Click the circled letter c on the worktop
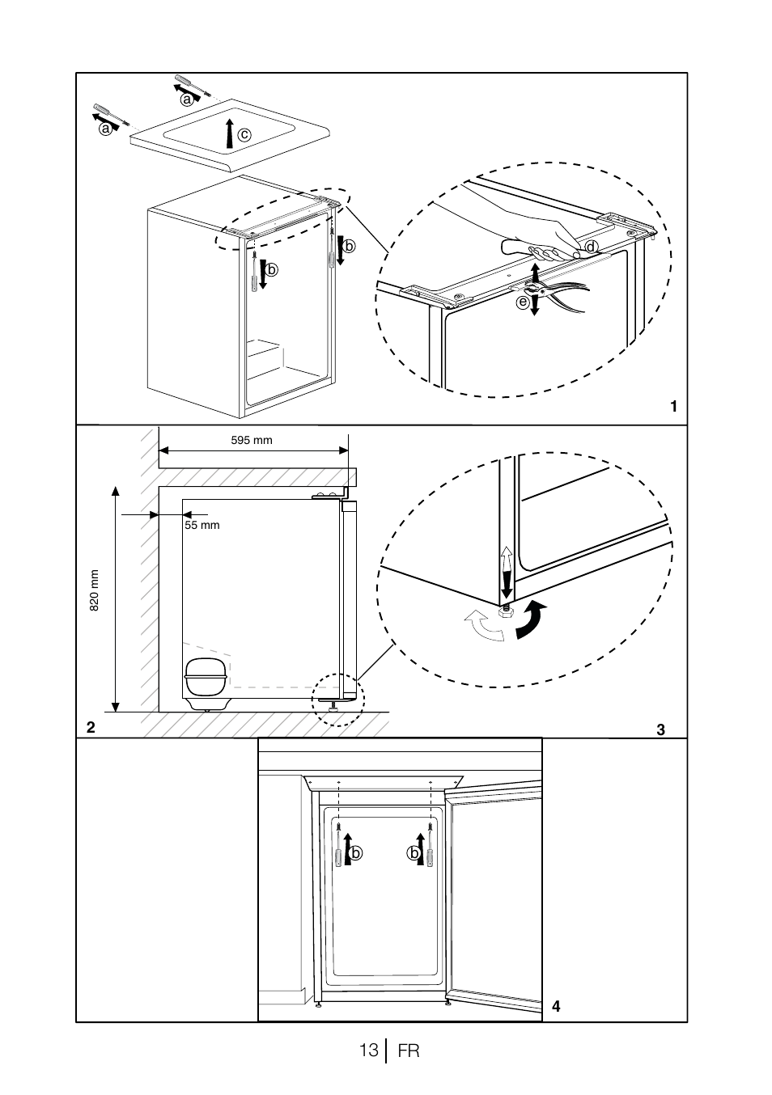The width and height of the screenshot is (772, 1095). (x=244, y=134)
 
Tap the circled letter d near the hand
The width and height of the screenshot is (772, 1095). (x=592, y=247)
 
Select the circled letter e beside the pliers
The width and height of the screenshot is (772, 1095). (x=524, y=302)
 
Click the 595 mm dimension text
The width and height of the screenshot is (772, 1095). (x=252, y=440)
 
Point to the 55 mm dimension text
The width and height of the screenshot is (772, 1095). (x=202, y=526)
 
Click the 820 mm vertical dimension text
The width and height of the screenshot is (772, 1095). (x=95, y=590)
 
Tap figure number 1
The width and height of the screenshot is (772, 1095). (x=673, y=406)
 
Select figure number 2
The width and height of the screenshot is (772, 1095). (x=91, y=727)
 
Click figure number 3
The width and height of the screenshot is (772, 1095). (x=660, y=729)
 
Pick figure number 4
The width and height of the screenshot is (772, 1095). (x=556, y=1006)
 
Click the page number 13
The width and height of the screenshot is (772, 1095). (x=369, y=1050)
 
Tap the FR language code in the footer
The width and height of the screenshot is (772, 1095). (x=409, y=1051)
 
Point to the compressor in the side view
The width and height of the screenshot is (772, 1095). (x=206, y=684)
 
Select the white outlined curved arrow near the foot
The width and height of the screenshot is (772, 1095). (x=484, y=625)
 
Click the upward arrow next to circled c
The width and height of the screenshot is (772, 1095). (x=229, y=133)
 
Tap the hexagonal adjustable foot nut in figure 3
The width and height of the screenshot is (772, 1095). (x=505, y=611)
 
